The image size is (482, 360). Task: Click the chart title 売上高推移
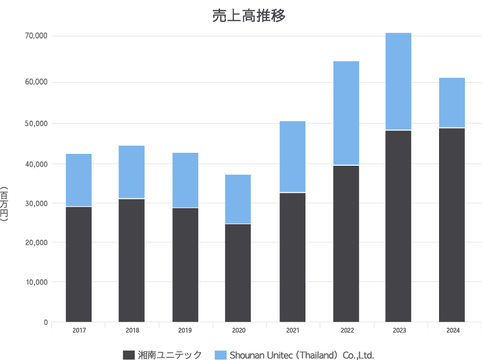[249, 16]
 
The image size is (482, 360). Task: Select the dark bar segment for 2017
[79, 264]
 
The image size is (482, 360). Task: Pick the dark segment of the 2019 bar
[185, 265]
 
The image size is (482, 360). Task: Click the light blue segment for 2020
[238, 199]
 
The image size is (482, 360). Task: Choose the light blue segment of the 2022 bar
[346, 113]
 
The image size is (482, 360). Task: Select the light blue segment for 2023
[398, 81]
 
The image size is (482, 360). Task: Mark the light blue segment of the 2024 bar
[452, 103]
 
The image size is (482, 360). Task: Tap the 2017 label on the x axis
[79, 330]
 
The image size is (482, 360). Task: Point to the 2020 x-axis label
[238, 330]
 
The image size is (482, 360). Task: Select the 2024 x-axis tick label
[453, 330]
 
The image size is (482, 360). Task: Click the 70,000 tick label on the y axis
[37, 36]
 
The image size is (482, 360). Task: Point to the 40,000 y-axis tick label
[37, 164]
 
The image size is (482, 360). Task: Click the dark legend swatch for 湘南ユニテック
[129, 355]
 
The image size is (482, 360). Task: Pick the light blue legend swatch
[221, 355]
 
